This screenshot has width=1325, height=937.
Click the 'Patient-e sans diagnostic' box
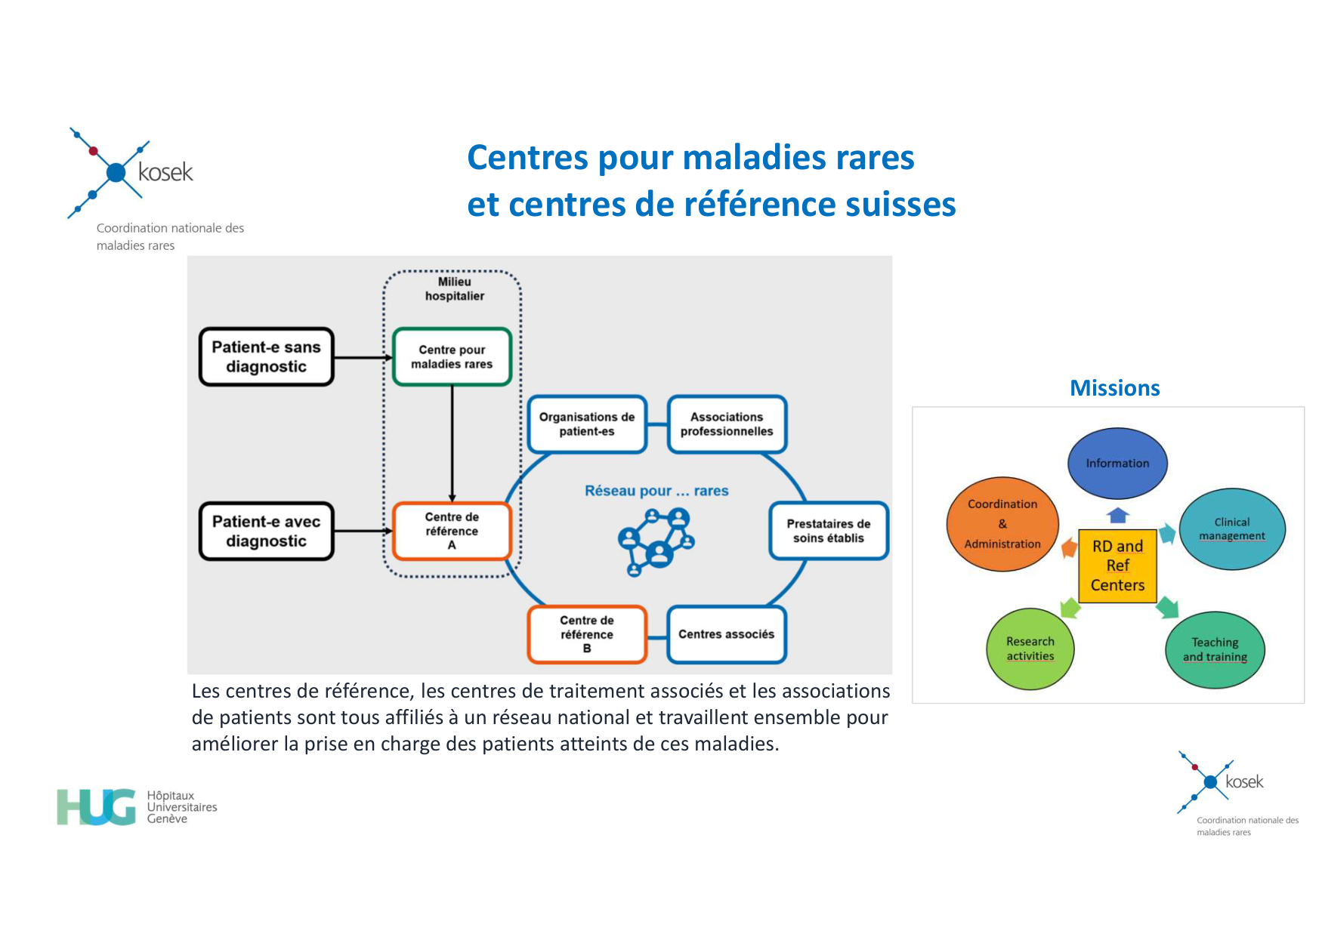point(266,357)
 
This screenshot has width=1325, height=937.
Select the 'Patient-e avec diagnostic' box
point(266,532)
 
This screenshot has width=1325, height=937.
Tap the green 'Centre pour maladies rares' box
point(452,357)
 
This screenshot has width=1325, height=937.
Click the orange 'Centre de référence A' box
point(452,532)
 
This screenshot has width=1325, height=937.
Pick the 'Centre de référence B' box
point(587,634)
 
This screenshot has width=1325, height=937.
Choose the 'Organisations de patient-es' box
point(587,424)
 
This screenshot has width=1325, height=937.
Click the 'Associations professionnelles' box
point(727,424)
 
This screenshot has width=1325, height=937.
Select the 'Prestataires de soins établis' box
point(828,531)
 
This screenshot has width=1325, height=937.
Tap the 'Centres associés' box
point(727,634)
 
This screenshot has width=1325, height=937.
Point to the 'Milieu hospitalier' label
point(454,289)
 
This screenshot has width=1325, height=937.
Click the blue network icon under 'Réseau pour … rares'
point(656,541)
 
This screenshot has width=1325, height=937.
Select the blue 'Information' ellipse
point(1117,464)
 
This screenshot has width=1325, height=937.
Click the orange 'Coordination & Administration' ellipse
point(1002,524)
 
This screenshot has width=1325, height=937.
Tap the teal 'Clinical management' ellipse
point(1232,529)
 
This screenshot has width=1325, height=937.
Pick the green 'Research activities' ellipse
point(1030,649)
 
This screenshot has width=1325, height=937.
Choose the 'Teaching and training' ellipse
point(1215,649)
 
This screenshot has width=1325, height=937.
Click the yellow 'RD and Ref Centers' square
point(1117,566)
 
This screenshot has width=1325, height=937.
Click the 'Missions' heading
point(1114,388)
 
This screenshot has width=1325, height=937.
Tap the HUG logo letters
point(96,807)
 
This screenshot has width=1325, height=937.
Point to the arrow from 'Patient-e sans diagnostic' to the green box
point(363,358)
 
